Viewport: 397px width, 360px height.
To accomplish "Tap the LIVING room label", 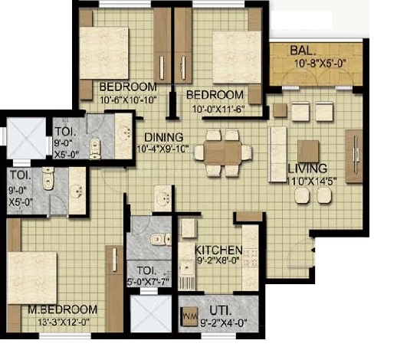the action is [307, 169].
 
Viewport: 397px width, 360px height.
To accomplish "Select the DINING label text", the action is [164, 137].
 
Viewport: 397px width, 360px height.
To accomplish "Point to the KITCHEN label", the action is [218, 250].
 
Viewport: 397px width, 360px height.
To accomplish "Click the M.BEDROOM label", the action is [62, 309].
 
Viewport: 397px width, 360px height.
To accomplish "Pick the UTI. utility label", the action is [221, 311].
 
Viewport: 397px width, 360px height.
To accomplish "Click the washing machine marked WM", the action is [189, 316].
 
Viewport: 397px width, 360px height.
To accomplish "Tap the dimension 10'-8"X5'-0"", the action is [320, 64].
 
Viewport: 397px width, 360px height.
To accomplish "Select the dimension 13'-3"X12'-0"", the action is [64, 322].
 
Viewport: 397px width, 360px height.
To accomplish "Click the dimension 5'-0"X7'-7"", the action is [149, 282].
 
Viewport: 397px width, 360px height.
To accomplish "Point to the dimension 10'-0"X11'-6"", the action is [218, 110].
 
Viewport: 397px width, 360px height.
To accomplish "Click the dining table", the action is [222, 153].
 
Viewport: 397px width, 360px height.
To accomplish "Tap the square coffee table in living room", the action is [308, 151].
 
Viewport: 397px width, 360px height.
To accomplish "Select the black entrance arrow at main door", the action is [313, 250].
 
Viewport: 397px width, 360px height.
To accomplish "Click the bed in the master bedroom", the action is [32, 278].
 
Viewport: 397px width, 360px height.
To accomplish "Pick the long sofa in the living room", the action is [277, 155].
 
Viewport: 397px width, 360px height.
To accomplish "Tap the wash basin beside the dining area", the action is [162, 198].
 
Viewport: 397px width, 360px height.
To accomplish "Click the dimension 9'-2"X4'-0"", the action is [224, 324].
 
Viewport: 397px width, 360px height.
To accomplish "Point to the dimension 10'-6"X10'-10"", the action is [128, 100].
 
